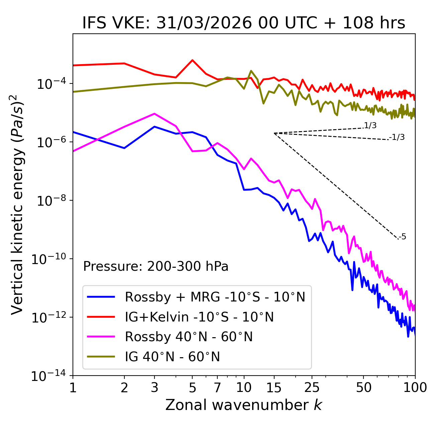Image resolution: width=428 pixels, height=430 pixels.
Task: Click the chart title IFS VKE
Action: click(x=243, y=23)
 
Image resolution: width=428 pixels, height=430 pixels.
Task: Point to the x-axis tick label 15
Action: click(x=274, y=388)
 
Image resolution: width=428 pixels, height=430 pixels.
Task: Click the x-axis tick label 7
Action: click(x=217, y=388)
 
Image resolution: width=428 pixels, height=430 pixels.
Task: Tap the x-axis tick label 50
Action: click(x=363, y=388)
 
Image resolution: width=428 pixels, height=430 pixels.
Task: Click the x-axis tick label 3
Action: click(x=154, y=388)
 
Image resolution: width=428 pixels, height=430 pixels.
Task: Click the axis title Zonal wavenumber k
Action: click(x=243, y=405)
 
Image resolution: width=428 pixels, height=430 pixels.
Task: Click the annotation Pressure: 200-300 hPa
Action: click(x=156, y=266)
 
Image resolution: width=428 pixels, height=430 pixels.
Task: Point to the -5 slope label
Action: click(x=403, y=237)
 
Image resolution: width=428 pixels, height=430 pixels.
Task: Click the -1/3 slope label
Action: click(x=397, y=137)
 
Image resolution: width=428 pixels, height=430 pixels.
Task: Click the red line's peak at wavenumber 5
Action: click(x=192, y=60)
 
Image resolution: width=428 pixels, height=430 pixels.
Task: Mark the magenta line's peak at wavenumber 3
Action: click(x=154, y=114)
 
